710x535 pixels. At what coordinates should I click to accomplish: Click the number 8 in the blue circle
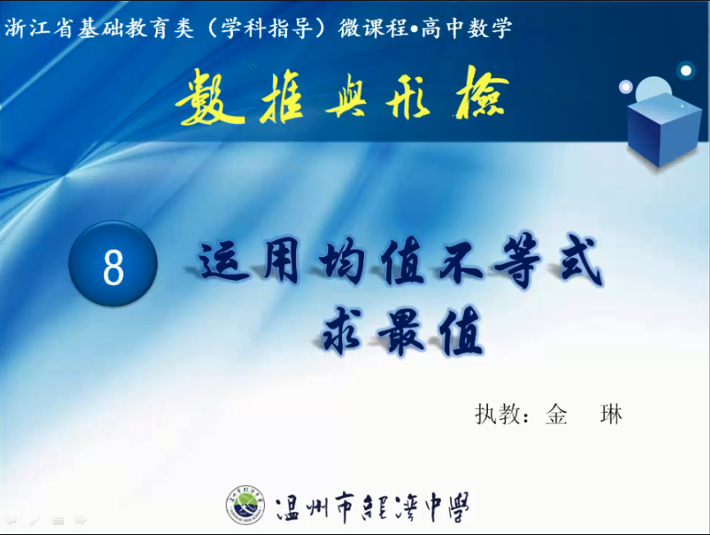coord(113,267)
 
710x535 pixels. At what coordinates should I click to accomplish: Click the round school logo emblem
coord(245,505)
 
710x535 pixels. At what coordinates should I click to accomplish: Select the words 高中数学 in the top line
coord(467,28)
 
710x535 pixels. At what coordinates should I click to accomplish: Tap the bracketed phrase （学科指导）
coord(266,28)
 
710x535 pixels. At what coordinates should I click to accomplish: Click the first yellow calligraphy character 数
coord(209,97)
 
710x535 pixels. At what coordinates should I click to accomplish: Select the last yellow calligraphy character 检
coord(482,94)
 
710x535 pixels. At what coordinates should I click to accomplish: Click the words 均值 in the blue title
coord(372,261)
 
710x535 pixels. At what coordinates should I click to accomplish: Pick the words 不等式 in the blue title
coord(521,261)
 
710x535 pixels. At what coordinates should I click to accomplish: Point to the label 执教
coord(497,414)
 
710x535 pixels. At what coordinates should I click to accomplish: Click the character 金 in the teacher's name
coord(556,414)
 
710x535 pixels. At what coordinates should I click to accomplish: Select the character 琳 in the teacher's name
coord(611,414)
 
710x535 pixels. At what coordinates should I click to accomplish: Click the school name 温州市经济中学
coord(372,507)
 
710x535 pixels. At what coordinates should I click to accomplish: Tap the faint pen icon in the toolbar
coord(35,521)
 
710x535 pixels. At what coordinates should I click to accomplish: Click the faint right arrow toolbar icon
coord(80,520)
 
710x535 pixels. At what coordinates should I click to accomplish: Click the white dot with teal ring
coord(686,70)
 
